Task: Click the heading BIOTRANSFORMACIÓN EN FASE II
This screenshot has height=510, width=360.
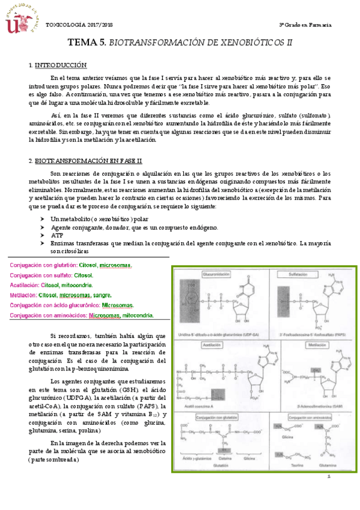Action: pyautogui.click(x=88, y=161)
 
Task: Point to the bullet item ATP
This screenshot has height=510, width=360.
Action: pyautogui.click(x=57, y=235)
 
